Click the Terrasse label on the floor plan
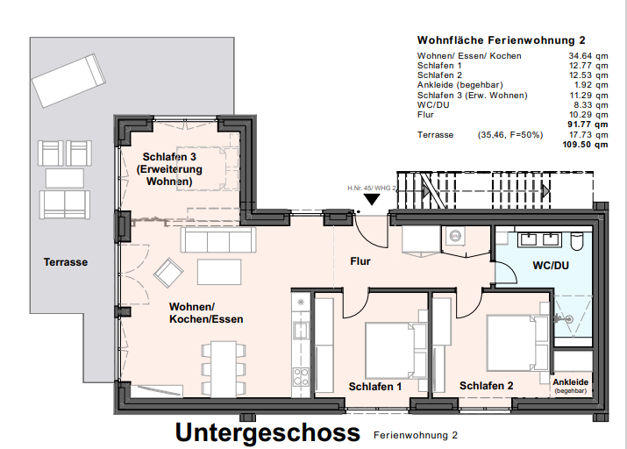point(66,261)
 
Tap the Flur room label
point(360,261)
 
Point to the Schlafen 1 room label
point(374,386)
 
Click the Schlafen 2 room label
point(486,386)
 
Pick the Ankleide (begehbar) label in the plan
point(572,386)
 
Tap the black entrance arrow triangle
point(373,198)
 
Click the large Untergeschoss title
point(267,432)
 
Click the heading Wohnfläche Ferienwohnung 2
point(501,40)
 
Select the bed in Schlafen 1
point(389,346)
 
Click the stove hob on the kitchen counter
point(300,376)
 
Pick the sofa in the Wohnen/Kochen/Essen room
point(217,239)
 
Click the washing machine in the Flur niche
point(455,238)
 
